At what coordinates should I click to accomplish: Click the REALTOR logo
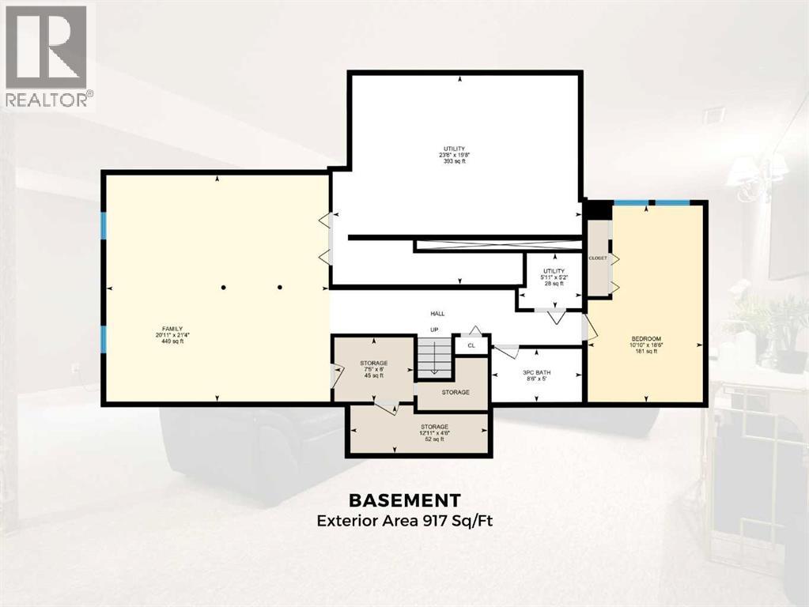(x=47, y=55)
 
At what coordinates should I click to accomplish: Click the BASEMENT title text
(x=405, y=500)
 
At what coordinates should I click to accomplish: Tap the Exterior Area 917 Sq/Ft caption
(x=405, y=521)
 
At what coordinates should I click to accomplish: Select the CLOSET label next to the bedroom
(x=597, y=258)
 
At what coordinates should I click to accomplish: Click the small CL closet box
(x=471, y=345)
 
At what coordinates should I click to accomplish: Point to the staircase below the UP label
(x=433, y=356)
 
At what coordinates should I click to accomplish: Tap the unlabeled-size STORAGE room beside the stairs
(x=455, y=392)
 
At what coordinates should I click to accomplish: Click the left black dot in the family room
(x=224, y=288)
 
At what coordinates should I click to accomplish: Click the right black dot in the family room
(x=279, y=288)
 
